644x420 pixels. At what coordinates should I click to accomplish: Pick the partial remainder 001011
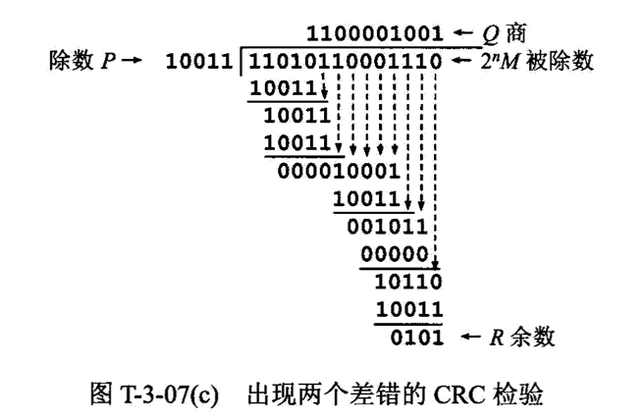point(393,225)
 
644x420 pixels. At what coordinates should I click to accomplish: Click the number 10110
point(408,282)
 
